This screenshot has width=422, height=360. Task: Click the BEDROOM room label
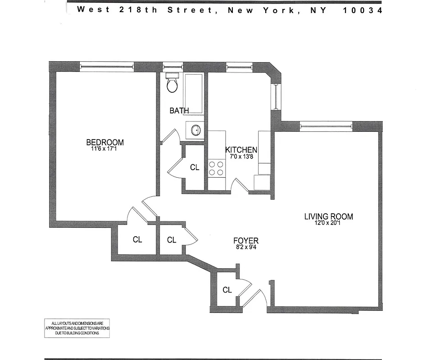click(x=105, y=143)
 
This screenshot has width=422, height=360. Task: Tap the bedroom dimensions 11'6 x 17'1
click(x=105, y=149)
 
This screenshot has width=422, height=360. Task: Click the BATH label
click(x=179, y=110)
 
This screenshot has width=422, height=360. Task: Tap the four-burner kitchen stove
click(x=217, y=168)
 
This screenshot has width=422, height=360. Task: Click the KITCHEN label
click(x=241, y=150)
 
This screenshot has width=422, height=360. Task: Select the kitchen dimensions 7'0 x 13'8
click(x=241, y=157)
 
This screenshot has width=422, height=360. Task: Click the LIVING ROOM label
click(x=329, y=216)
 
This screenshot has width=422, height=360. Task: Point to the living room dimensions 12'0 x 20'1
click(x=329, y=223)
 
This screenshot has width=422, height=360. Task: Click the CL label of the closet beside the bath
click(x=195, y=168)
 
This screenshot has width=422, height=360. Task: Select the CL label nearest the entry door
click(x=227, y=290)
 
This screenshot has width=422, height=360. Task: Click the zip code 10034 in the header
click(x=362, y=10)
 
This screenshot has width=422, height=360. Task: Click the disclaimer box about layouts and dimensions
click(x=77, y=328)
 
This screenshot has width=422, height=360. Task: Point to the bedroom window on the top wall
click(x=107, y=67)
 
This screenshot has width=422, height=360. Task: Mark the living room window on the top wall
click(x=326, y=126)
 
